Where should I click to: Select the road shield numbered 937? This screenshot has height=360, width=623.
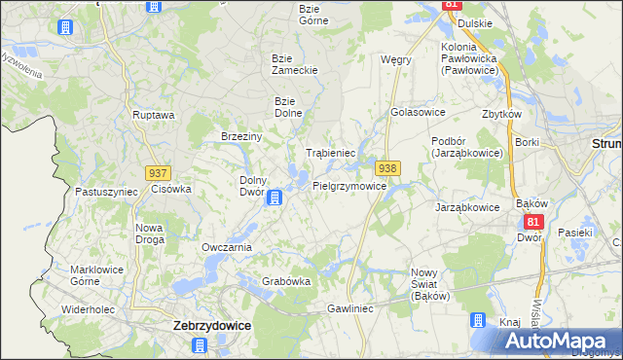159,172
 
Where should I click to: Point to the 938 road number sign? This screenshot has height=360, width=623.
387,168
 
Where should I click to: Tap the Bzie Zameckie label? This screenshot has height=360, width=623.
289,64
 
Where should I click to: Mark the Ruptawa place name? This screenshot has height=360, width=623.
153,115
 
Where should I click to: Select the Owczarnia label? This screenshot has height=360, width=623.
227,247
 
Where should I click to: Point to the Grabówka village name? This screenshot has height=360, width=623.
286,281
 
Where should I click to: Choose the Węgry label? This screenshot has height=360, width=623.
396,59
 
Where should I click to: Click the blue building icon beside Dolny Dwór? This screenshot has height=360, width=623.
275,198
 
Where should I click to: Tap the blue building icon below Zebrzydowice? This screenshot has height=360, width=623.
200,345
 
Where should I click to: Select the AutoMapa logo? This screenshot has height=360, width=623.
558,341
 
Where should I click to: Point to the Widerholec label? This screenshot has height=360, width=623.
89,309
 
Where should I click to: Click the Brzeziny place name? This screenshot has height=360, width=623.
241,137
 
